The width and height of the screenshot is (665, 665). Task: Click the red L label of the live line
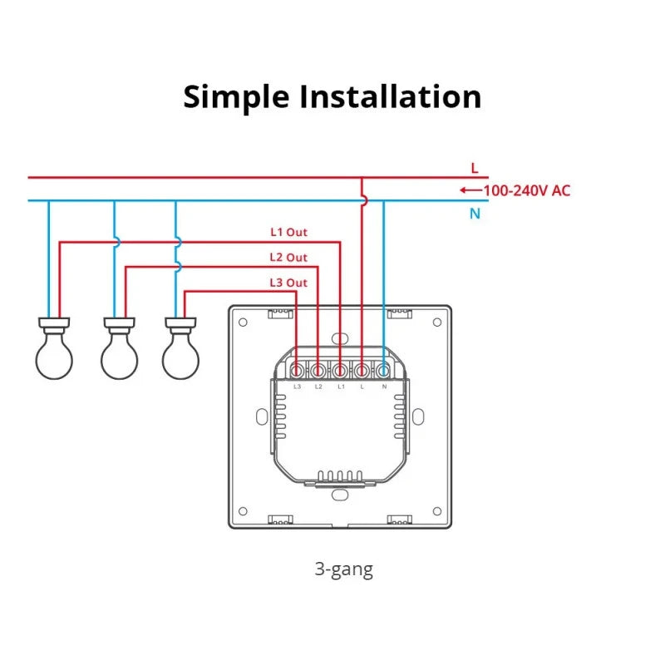coord(475,168)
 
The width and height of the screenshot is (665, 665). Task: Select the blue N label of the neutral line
coord(475,214)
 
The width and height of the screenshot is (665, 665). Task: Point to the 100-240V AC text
coord(527,190)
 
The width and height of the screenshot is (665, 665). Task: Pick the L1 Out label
coord(288,233)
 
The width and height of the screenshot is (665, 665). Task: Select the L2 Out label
coord(288,258)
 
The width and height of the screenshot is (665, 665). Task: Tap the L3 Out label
coord(288,283)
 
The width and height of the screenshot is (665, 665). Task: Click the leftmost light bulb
coord(54,353)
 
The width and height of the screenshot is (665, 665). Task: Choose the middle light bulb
coord(119,353)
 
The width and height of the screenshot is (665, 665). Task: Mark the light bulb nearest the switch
coord(180,353)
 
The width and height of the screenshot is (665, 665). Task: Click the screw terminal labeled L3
coord(298,370)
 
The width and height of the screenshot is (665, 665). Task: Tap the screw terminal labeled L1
coord(341,370)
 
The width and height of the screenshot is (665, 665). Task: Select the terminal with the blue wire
coord(383,370)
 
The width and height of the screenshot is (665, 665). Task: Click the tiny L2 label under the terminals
coord(318,387)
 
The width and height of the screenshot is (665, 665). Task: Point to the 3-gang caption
coord(343,569)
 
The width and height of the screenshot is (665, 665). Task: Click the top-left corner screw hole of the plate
coord(242,320)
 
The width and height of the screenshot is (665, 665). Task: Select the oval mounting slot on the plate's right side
coord(420,415)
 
